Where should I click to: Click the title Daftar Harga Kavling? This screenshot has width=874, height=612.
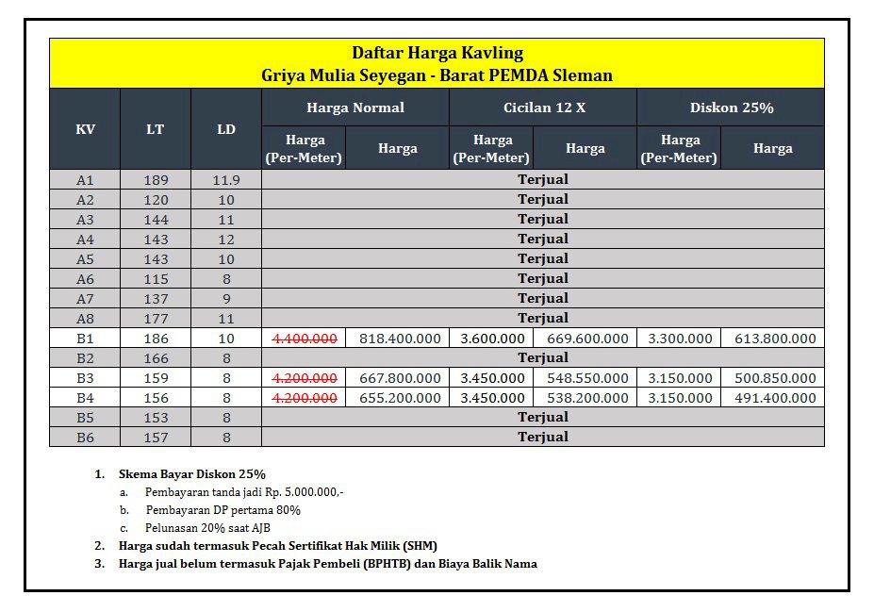[437, 53]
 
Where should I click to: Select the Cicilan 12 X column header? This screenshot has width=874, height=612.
[543, 108]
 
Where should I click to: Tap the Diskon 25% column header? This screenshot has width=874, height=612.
[731, 108]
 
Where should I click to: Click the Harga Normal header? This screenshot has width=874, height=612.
[355, 108]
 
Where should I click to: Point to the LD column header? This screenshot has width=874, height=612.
[226, 129]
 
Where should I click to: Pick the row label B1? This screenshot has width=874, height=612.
[85, 339]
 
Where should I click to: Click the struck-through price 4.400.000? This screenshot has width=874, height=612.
[305, 339]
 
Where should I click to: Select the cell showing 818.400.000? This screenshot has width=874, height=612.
[398, 339]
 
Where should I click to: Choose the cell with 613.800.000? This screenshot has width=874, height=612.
[774, 339]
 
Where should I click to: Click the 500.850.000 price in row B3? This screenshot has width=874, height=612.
[774, 378]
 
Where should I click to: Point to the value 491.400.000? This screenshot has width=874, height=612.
[774, 398]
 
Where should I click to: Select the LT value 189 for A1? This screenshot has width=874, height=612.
[156, 180]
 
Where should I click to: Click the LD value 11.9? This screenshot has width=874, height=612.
[226, 180]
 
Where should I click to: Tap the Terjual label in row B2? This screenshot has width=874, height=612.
[543, 358]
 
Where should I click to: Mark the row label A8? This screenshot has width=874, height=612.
[85, 319]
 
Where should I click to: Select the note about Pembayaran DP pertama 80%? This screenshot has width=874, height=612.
[223, 510]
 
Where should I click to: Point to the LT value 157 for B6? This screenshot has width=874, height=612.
[156, 438]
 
